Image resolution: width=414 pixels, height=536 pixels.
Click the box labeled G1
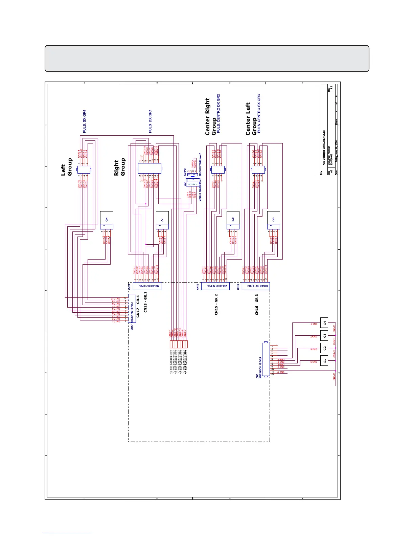coord(324,361)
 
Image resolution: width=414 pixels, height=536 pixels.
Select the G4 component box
coord(324,323)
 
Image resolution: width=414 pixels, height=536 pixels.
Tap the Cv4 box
coord(107,220)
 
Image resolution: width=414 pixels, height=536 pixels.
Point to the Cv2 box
coord(233,220)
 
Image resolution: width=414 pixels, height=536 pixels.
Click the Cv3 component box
coord(273,220)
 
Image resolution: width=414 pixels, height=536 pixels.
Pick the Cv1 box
coord(162,220)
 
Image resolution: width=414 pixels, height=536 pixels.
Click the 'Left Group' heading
coord(67,167)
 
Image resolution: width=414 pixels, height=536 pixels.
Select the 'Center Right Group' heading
coord(210,117)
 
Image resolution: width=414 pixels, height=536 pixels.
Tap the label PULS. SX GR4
coord(85,121)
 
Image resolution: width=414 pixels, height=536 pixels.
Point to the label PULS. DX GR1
coord(150,121)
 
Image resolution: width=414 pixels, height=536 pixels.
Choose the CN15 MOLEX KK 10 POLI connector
coord(215,286)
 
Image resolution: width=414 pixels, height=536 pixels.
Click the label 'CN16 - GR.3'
coord(257,305)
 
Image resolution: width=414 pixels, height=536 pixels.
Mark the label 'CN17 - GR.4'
coord(138,306)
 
